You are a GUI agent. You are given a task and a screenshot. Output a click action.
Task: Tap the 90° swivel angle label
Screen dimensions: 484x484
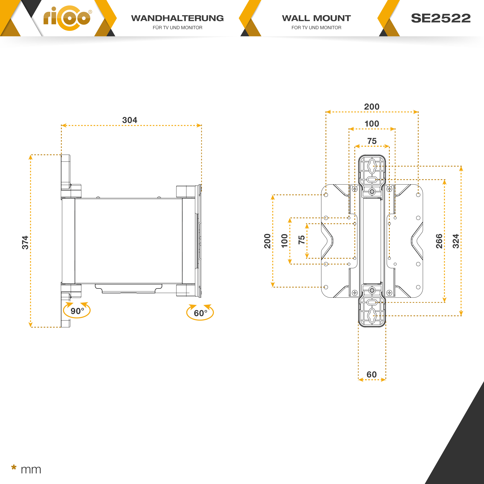coord(77,311)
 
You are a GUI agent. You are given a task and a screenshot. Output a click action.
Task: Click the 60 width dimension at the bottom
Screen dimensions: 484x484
coord(371,374)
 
